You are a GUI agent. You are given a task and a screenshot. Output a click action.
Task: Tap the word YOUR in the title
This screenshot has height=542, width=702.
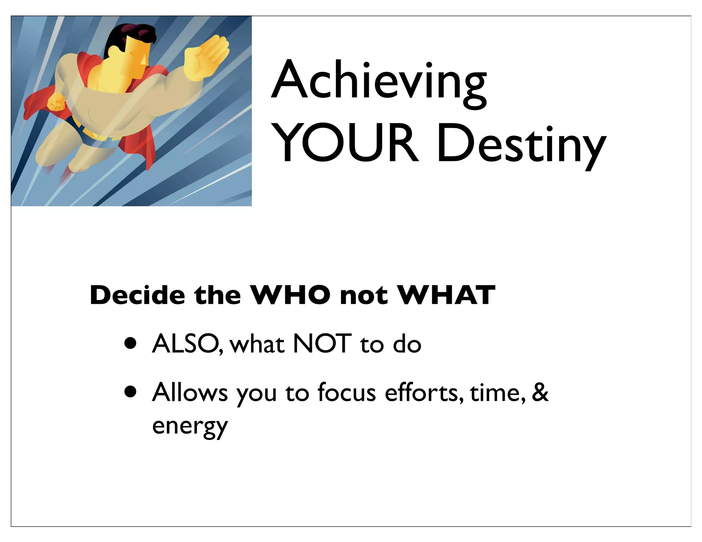346,143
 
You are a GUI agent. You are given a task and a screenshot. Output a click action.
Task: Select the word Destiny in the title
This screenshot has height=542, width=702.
521,146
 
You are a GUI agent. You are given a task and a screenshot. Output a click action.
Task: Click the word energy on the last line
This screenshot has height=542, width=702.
190,427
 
